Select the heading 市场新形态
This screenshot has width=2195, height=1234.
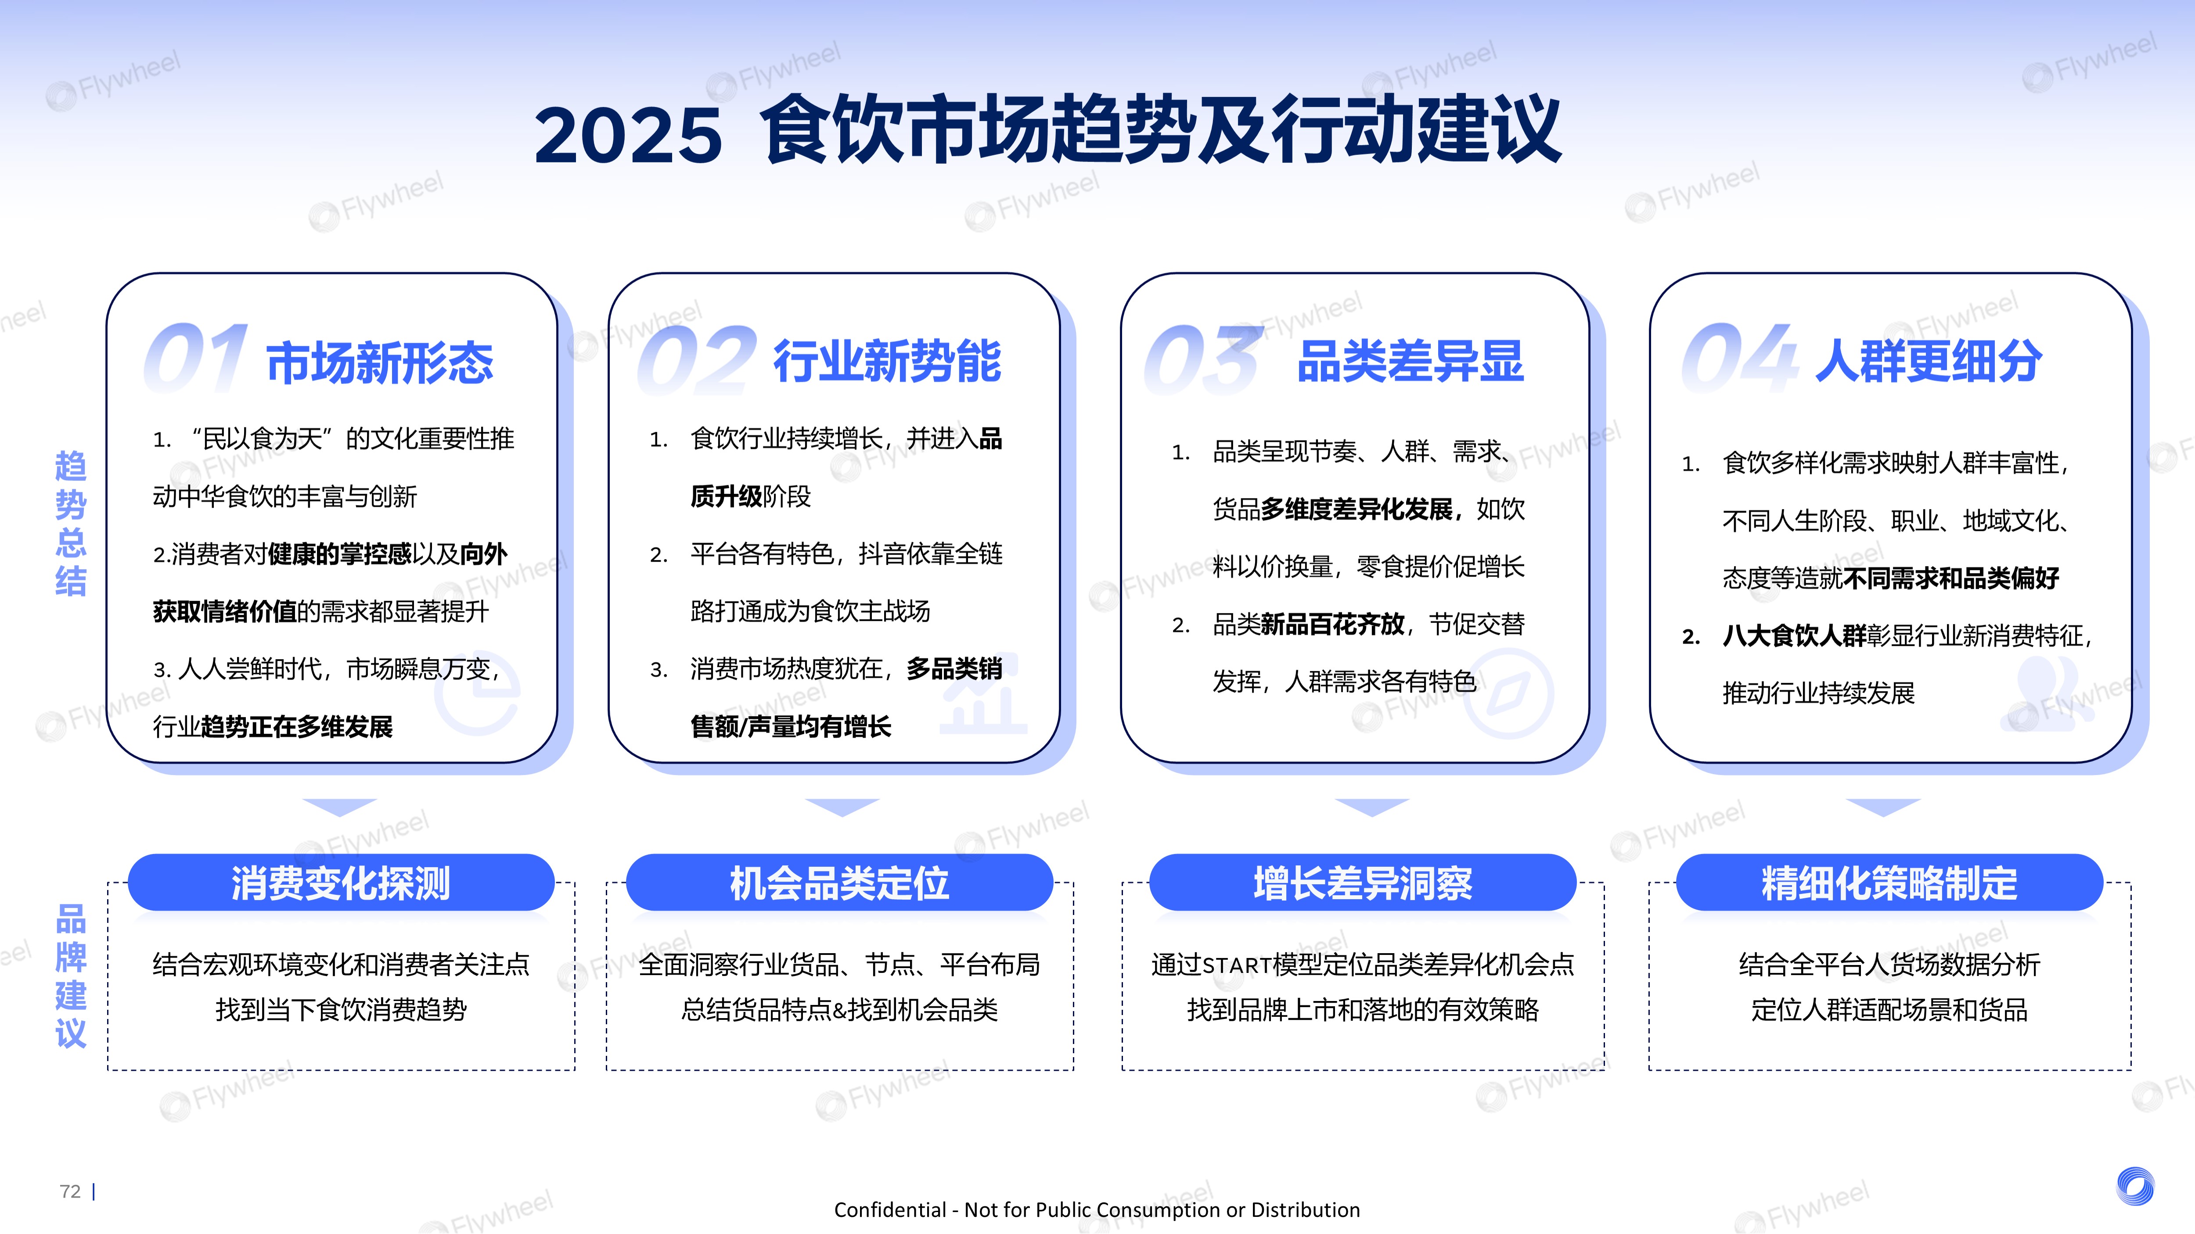(x=380, y=362)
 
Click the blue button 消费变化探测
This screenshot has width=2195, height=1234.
(x=341, y=882)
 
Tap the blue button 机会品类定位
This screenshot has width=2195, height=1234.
(x=839, y=882)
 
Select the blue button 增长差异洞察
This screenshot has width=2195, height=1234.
(x=1363, y=882)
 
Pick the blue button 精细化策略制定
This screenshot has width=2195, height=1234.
(x=1889, y=882)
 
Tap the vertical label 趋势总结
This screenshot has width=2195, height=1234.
(x=71, y=524)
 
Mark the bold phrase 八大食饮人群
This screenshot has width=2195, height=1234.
(x=1794, y=635)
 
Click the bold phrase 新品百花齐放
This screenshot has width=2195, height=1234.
(x=1333, y=624)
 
